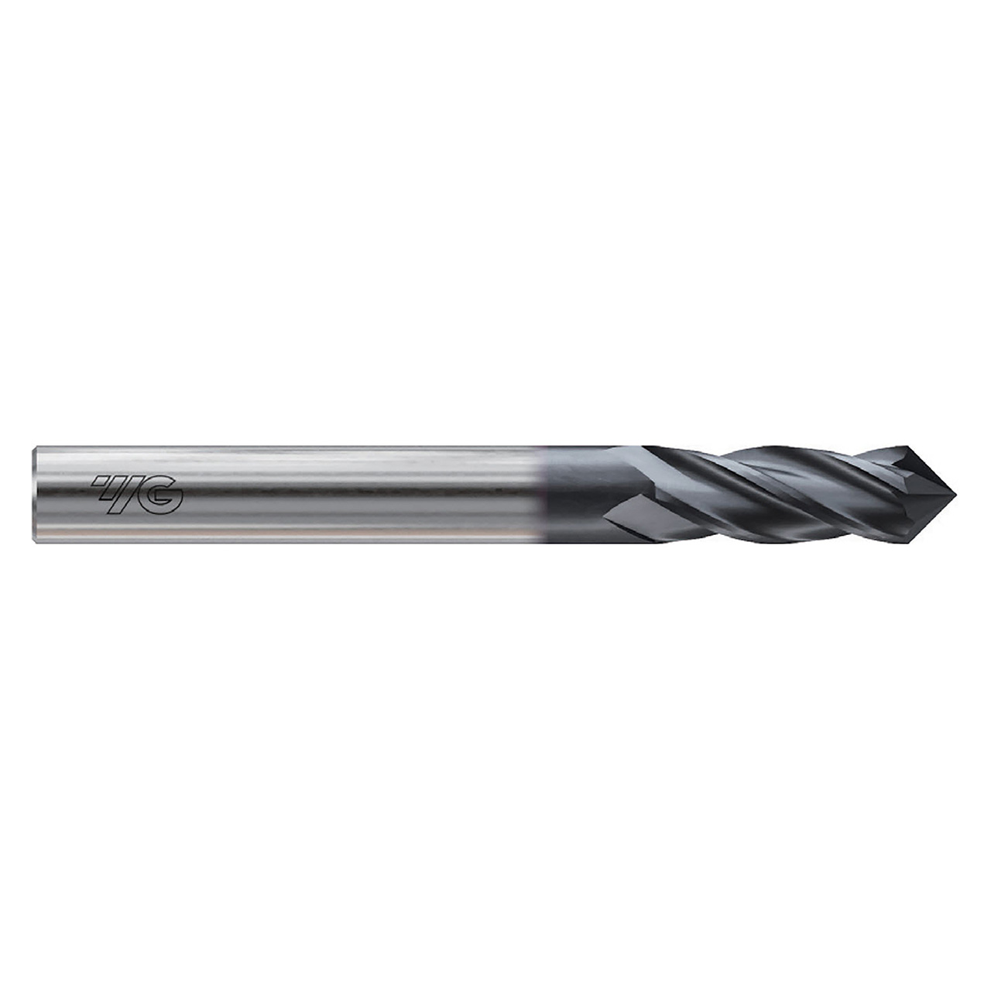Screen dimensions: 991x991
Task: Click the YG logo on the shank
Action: point(138,495)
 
